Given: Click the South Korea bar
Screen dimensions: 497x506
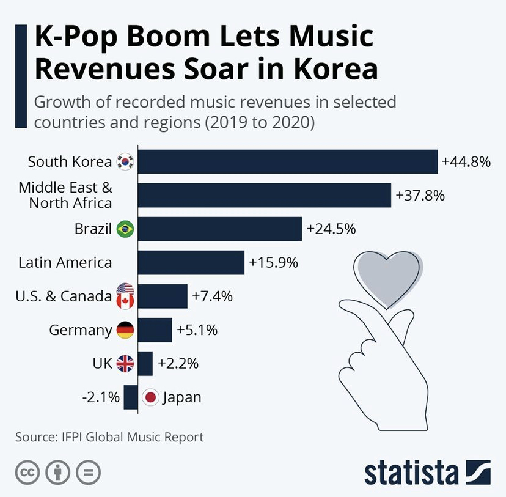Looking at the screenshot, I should pos(288,162).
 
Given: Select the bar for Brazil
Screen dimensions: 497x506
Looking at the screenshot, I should pos(220,229).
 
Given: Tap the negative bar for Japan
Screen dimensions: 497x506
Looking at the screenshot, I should pos(131,397).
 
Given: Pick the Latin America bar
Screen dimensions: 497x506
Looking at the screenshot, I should pos(191,263).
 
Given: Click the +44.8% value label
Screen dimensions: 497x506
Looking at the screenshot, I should pos(466,162).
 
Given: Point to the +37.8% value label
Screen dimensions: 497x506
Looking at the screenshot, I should pos(420,196).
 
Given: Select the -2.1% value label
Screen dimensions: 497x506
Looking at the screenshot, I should pos(101,397).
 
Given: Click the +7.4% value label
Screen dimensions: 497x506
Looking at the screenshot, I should pos(212,296).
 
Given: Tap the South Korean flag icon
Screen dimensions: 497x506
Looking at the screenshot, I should pos(125,162).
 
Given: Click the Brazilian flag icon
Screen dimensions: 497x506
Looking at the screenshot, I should pos(125,229).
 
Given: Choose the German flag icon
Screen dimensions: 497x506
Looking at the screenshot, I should pos(125,330).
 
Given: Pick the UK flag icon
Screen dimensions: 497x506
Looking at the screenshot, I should pos(125,364).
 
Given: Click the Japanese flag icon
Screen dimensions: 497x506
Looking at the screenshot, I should pos(150,397).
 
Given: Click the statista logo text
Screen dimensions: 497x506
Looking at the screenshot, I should pos(411,473).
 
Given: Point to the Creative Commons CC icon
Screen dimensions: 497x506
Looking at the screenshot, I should pos(28,473).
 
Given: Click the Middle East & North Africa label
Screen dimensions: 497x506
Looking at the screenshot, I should pos(65,195).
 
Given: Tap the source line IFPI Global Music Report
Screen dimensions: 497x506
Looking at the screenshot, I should pos(109,437).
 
